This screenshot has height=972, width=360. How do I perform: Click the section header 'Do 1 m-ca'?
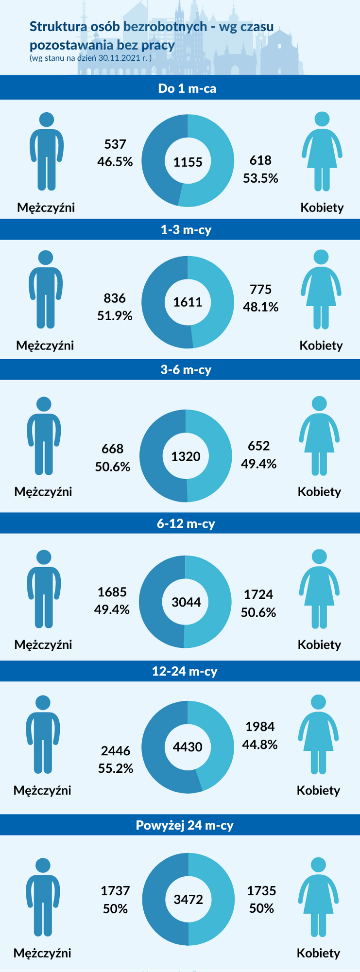pyautogui.click(x=187, y=88)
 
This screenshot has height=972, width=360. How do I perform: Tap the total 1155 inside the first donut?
pyautogui.click(x=188, y=162)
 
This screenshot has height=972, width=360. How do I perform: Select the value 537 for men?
pyautogui.click(x=115, y=144)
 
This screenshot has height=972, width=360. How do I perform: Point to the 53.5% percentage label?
pyautogui.click(x=260, y=178)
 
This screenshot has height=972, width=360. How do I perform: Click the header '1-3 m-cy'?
pyautogui.click(x=186, y=229)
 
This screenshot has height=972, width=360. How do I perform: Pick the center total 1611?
pyautogui.click(x=188, y=302)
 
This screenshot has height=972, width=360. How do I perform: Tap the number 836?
pyautogui.click(x=115, y=298)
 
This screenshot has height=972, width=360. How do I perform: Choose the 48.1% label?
pyautogui.click(x=260, y=307)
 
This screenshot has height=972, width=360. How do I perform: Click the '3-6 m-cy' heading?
pyautogui.click(x=186, y=370)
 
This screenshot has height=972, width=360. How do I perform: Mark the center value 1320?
pyautogui.click(x=186, y=456)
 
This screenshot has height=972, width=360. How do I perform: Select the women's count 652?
pyautogui.click(x=258, y=446)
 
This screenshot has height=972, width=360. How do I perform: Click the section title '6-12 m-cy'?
pyautogui.click(x=186, y=524)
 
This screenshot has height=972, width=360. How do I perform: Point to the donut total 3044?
pyautogui.click(x=186, y=602)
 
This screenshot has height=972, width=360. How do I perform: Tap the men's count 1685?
pyautogui.click(x=112, y=592)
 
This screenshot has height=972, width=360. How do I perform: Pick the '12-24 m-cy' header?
pyautogui.click(x=185, y=671)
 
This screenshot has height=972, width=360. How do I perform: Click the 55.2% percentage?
pyautogui.click(x=116, y=768)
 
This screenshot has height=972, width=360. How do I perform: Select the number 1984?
pyautogui.click(x=260, y=727)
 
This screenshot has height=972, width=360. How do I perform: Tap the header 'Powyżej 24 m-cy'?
pyautogui.click(x=185, y=825)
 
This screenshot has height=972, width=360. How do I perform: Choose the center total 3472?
pyautogui.click(x=189, y=899)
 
